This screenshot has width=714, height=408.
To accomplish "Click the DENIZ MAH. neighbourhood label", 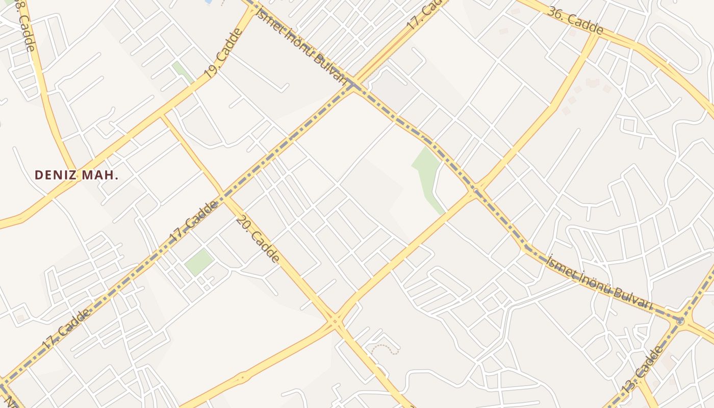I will [76, 175].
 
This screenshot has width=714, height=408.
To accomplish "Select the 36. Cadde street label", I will [575, 20].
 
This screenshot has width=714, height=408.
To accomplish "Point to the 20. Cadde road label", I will [258, 240].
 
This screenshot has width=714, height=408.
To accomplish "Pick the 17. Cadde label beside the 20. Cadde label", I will [194, 221].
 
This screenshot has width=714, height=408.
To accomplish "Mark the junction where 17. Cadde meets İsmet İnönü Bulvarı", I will [353, 85].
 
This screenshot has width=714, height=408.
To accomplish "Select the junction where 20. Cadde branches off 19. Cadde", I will [162, 116].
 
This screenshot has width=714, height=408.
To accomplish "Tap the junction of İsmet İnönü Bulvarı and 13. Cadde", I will [680, 320].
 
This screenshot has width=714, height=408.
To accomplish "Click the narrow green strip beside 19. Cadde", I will [182, 72].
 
